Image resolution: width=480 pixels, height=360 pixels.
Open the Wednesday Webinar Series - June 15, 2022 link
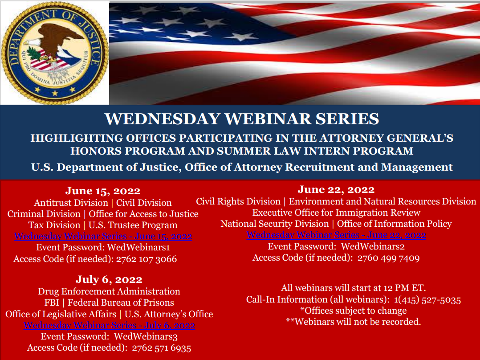click(x=103, y=236)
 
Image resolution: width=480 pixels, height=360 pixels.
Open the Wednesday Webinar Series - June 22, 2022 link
click(x=336, y=235)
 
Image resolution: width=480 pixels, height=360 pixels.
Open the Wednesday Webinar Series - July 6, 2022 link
click(x=109, y=325)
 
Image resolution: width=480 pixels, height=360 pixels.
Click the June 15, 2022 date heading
click(x=103, y=191)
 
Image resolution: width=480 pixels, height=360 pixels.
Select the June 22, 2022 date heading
click(x=336, y=190)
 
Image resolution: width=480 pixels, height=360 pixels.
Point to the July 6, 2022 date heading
click(x=109, y=279)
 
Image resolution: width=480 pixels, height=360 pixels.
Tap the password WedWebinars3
click(x=146, y=336)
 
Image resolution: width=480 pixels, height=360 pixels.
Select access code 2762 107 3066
click(x=146, y=259)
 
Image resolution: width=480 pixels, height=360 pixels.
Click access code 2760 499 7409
click(x=388, y=258)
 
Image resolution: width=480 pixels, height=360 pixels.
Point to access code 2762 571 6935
click(x=162, y=348)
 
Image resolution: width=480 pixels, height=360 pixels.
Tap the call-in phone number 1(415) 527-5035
click(x=427, y=300)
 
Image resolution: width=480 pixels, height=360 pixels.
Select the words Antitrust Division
click(x=71, y=203)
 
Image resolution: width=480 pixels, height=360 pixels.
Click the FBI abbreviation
click(x=52, y=303)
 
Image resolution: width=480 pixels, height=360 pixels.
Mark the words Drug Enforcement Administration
click(x=109, y=291)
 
